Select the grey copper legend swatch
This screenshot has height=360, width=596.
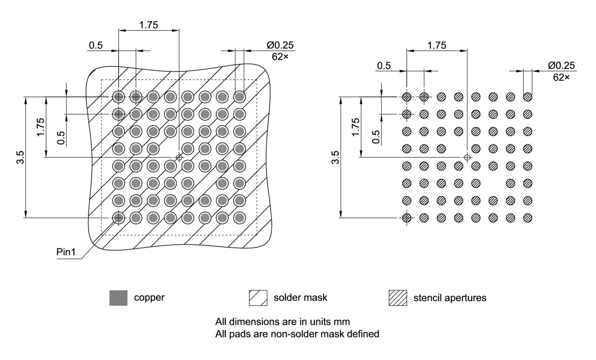click(118, 298)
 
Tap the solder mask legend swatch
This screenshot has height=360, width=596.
click(258, 298)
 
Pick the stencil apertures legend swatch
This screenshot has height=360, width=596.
click(398, 298)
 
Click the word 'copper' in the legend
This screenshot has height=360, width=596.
click(149, 298)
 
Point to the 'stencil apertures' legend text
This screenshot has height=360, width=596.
click(450, 298)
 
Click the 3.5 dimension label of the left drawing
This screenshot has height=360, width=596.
click(20, 157)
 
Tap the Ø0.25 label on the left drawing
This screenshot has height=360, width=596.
click(281, 46)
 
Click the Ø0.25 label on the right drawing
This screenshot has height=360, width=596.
click(561, 66)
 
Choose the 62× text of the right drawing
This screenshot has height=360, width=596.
click(561, 77)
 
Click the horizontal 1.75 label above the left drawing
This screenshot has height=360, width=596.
click(149, 25)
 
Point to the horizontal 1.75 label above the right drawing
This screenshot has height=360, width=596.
click(436, 45)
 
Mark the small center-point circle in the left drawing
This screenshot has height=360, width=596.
click(179, 157)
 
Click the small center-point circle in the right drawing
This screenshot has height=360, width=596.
click(467, 157)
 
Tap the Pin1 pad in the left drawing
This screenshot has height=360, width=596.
click(118, 217)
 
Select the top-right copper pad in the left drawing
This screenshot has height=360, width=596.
click(239, 97)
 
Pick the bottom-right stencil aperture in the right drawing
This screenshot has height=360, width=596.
click(528, 217)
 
